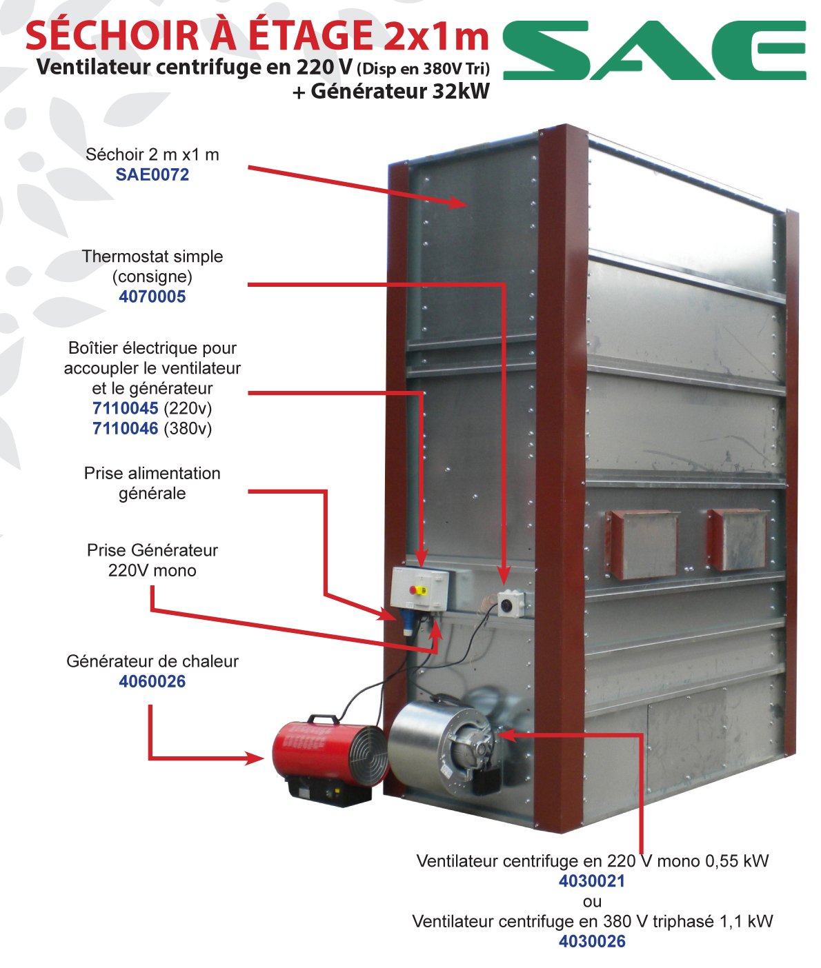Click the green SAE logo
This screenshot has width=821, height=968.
(x=654, y=50)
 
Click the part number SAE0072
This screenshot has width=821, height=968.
(x=152, y=174)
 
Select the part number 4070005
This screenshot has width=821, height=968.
(x=152, y=296)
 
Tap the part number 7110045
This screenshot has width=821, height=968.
(x=125, y=408)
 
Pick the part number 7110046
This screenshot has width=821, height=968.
(x=125, y=429)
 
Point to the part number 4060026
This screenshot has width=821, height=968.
(x=152, y=681)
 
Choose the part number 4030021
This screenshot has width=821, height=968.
(x=593, y=881)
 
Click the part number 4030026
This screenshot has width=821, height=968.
(x=593, y=941)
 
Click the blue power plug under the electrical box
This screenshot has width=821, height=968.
(x=408, y=623)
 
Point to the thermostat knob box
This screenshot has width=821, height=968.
(x=511, y=604)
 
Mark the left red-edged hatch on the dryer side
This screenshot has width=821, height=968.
(x=642, y=544)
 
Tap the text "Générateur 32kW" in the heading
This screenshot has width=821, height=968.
(x=400, y=91)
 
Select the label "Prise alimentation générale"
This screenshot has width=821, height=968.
(x=152, y=483)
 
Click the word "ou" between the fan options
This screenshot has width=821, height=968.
(x=593, y=902)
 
